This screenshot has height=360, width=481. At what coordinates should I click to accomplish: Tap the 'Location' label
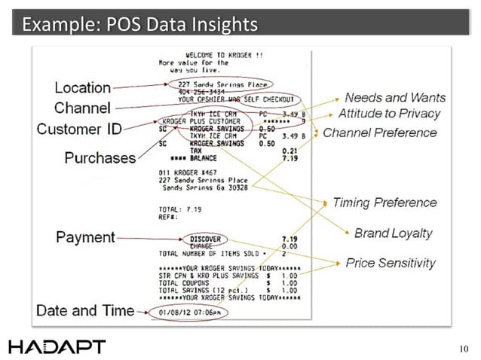(83, 87)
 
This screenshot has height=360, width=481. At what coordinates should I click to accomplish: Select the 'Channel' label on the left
(82, 108)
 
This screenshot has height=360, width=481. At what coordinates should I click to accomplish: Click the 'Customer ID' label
(79, 129)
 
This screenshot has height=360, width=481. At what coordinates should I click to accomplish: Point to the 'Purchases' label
(100, 157)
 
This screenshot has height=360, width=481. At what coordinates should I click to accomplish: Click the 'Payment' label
(85, 238)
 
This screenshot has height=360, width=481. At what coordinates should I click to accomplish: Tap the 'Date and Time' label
(85, 310)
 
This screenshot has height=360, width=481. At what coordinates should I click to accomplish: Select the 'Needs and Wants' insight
(395, 98)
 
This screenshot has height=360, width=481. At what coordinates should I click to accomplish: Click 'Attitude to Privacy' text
(389, 114)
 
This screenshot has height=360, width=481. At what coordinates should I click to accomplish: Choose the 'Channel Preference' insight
(380, 133)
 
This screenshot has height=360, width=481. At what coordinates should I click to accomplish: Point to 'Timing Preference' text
(384, 203)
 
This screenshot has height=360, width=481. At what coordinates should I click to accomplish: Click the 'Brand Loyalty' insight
(393, 233)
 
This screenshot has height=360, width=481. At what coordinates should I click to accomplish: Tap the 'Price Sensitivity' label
(391, 263)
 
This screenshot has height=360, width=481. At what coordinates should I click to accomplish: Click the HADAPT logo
(57, 346)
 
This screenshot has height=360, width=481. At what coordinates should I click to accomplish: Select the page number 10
(463, 348)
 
